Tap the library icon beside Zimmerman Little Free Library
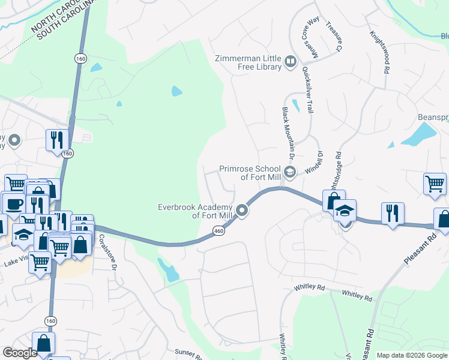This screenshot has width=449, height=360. coord(291,62)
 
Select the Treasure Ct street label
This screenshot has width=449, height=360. coord(334,36)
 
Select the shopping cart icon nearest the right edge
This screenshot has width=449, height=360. coord(435,184)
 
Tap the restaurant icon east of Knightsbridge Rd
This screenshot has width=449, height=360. coord(393,213)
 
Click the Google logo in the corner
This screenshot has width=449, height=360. coord(20,353)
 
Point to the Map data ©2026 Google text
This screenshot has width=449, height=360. coord(412,355)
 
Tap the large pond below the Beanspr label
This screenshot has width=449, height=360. coord(419,134)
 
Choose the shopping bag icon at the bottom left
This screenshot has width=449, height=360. coord(43,343)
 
